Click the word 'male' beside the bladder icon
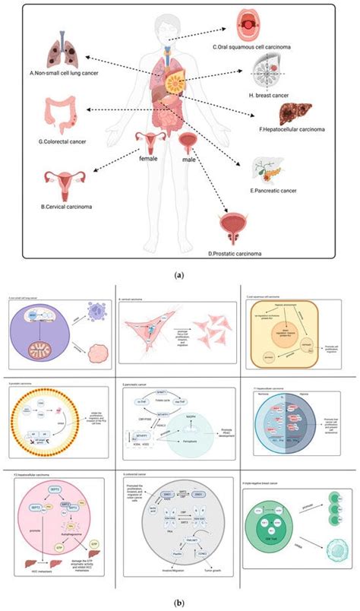tap(187, 161)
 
